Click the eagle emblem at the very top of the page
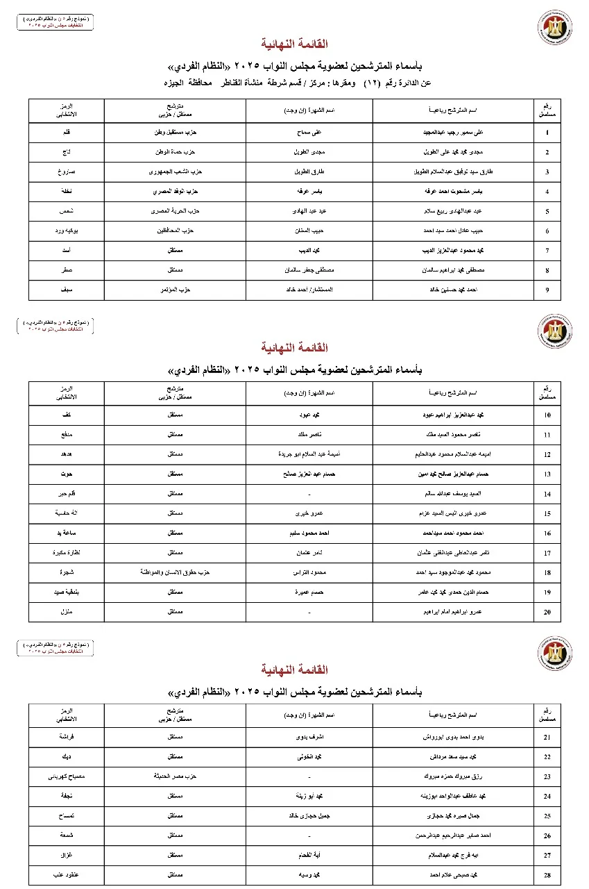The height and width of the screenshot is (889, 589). pos(554,28)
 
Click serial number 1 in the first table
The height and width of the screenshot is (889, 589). pos(547,132)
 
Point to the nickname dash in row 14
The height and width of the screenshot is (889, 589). pos(308,494)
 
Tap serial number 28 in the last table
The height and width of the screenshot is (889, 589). pos(547,874)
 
